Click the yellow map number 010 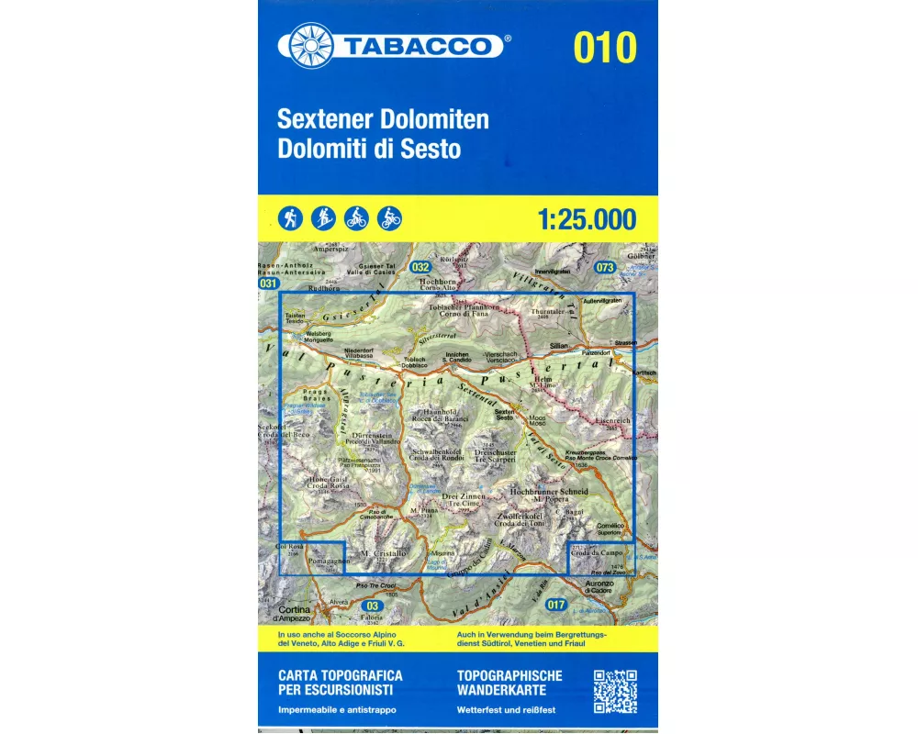[x=605, y=47]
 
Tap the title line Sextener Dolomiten [x=384, y=119]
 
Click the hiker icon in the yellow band [x=291, y=218]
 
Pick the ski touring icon [x=324, y=218]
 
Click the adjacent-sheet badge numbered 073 [x=604, y=267]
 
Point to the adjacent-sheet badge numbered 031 [x=268, y=284]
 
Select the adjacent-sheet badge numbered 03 [x=371, y=606]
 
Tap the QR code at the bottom [x=615, y=692]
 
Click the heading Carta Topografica [x=339, y=675]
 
